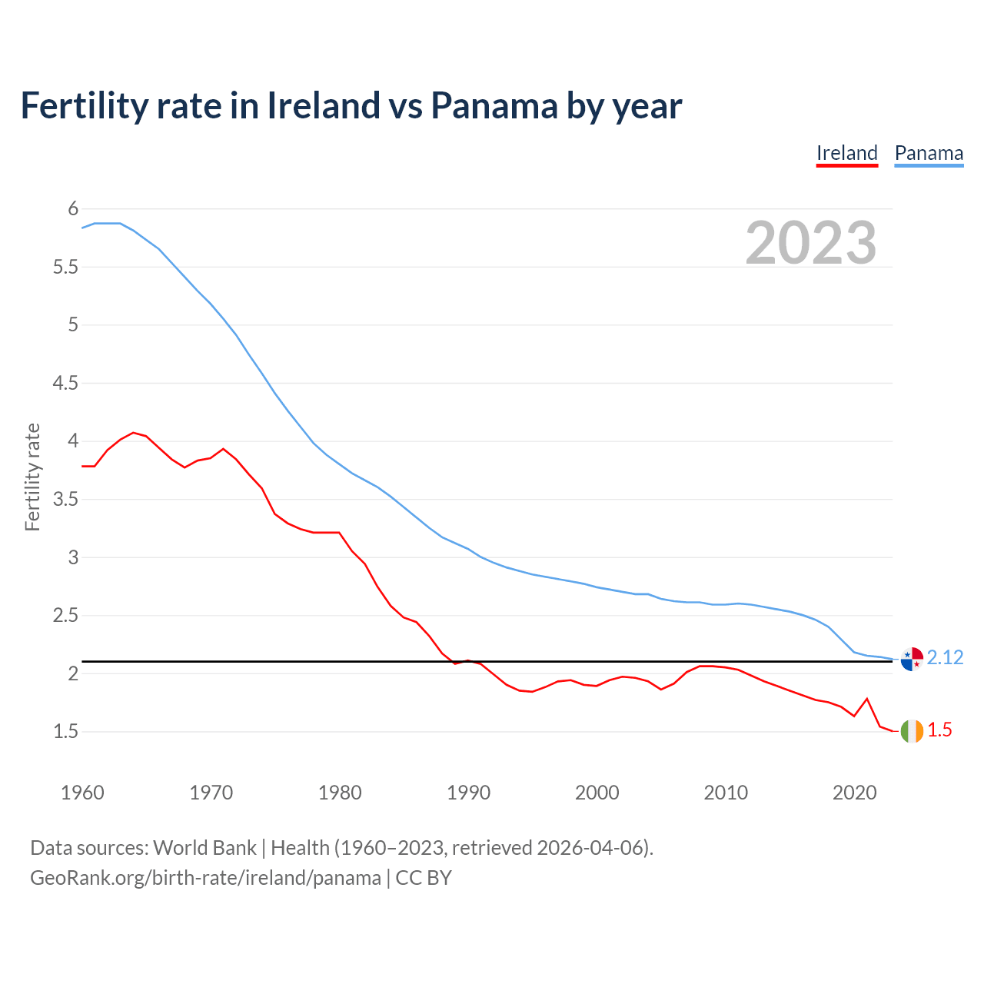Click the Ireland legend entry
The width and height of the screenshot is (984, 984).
846,153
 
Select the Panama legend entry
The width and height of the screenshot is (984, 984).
929,153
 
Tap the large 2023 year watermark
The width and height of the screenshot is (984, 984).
811,243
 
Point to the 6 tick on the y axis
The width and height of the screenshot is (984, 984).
73,208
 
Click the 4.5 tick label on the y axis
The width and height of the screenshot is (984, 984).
65,383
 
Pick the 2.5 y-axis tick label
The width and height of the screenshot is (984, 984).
65,615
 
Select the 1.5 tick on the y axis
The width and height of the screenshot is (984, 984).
65,731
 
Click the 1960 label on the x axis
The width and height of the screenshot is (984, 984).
82,793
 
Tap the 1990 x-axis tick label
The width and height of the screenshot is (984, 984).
468,793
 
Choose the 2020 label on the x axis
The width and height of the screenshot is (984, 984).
854,793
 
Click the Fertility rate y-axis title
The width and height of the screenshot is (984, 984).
32,477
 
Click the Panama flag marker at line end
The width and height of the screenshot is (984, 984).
912,659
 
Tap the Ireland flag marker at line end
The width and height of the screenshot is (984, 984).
912,731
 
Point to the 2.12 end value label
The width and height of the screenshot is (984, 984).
945,657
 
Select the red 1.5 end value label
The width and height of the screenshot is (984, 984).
939,730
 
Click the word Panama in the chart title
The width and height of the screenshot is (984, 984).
494,105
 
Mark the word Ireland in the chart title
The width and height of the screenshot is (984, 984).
323,105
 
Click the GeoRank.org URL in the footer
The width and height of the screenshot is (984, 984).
205,877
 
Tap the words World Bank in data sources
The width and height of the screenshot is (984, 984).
204,847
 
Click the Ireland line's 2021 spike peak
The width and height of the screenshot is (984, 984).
867,699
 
